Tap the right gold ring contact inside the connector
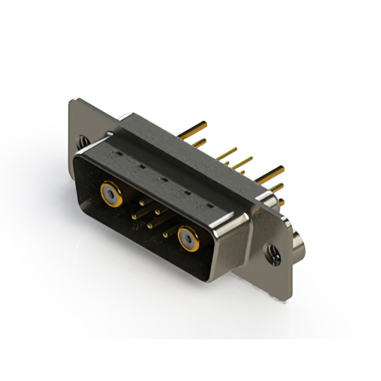[189, 239]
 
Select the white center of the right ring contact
[189, 239]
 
